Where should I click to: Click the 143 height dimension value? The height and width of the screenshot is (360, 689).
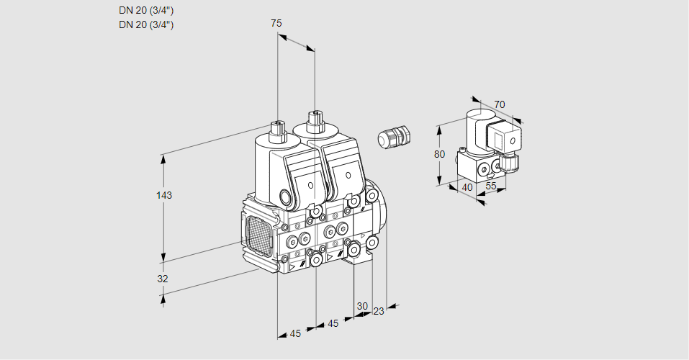164,195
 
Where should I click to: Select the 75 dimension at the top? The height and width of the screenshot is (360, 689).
276,23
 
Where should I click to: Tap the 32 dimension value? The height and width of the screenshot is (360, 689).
163,279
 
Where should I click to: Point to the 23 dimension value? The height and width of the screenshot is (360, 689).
379,311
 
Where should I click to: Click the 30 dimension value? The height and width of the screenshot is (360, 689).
362,305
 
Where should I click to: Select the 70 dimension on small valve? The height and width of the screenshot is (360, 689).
500,104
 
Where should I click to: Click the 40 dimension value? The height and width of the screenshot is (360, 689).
467,188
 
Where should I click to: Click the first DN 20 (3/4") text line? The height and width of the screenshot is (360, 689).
146,10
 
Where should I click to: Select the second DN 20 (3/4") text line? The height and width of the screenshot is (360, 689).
146,24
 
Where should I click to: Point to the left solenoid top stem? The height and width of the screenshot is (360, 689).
276,131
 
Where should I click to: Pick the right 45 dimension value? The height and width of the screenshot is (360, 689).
333,323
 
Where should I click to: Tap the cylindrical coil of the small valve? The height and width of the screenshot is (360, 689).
475,129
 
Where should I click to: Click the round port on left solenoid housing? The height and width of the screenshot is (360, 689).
287,197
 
